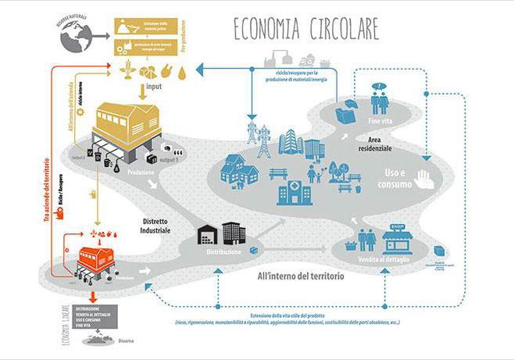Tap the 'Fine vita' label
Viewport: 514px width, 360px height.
click(x=381, y=122)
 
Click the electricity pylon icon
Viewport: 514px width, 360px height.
click(x=252, y=136)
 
